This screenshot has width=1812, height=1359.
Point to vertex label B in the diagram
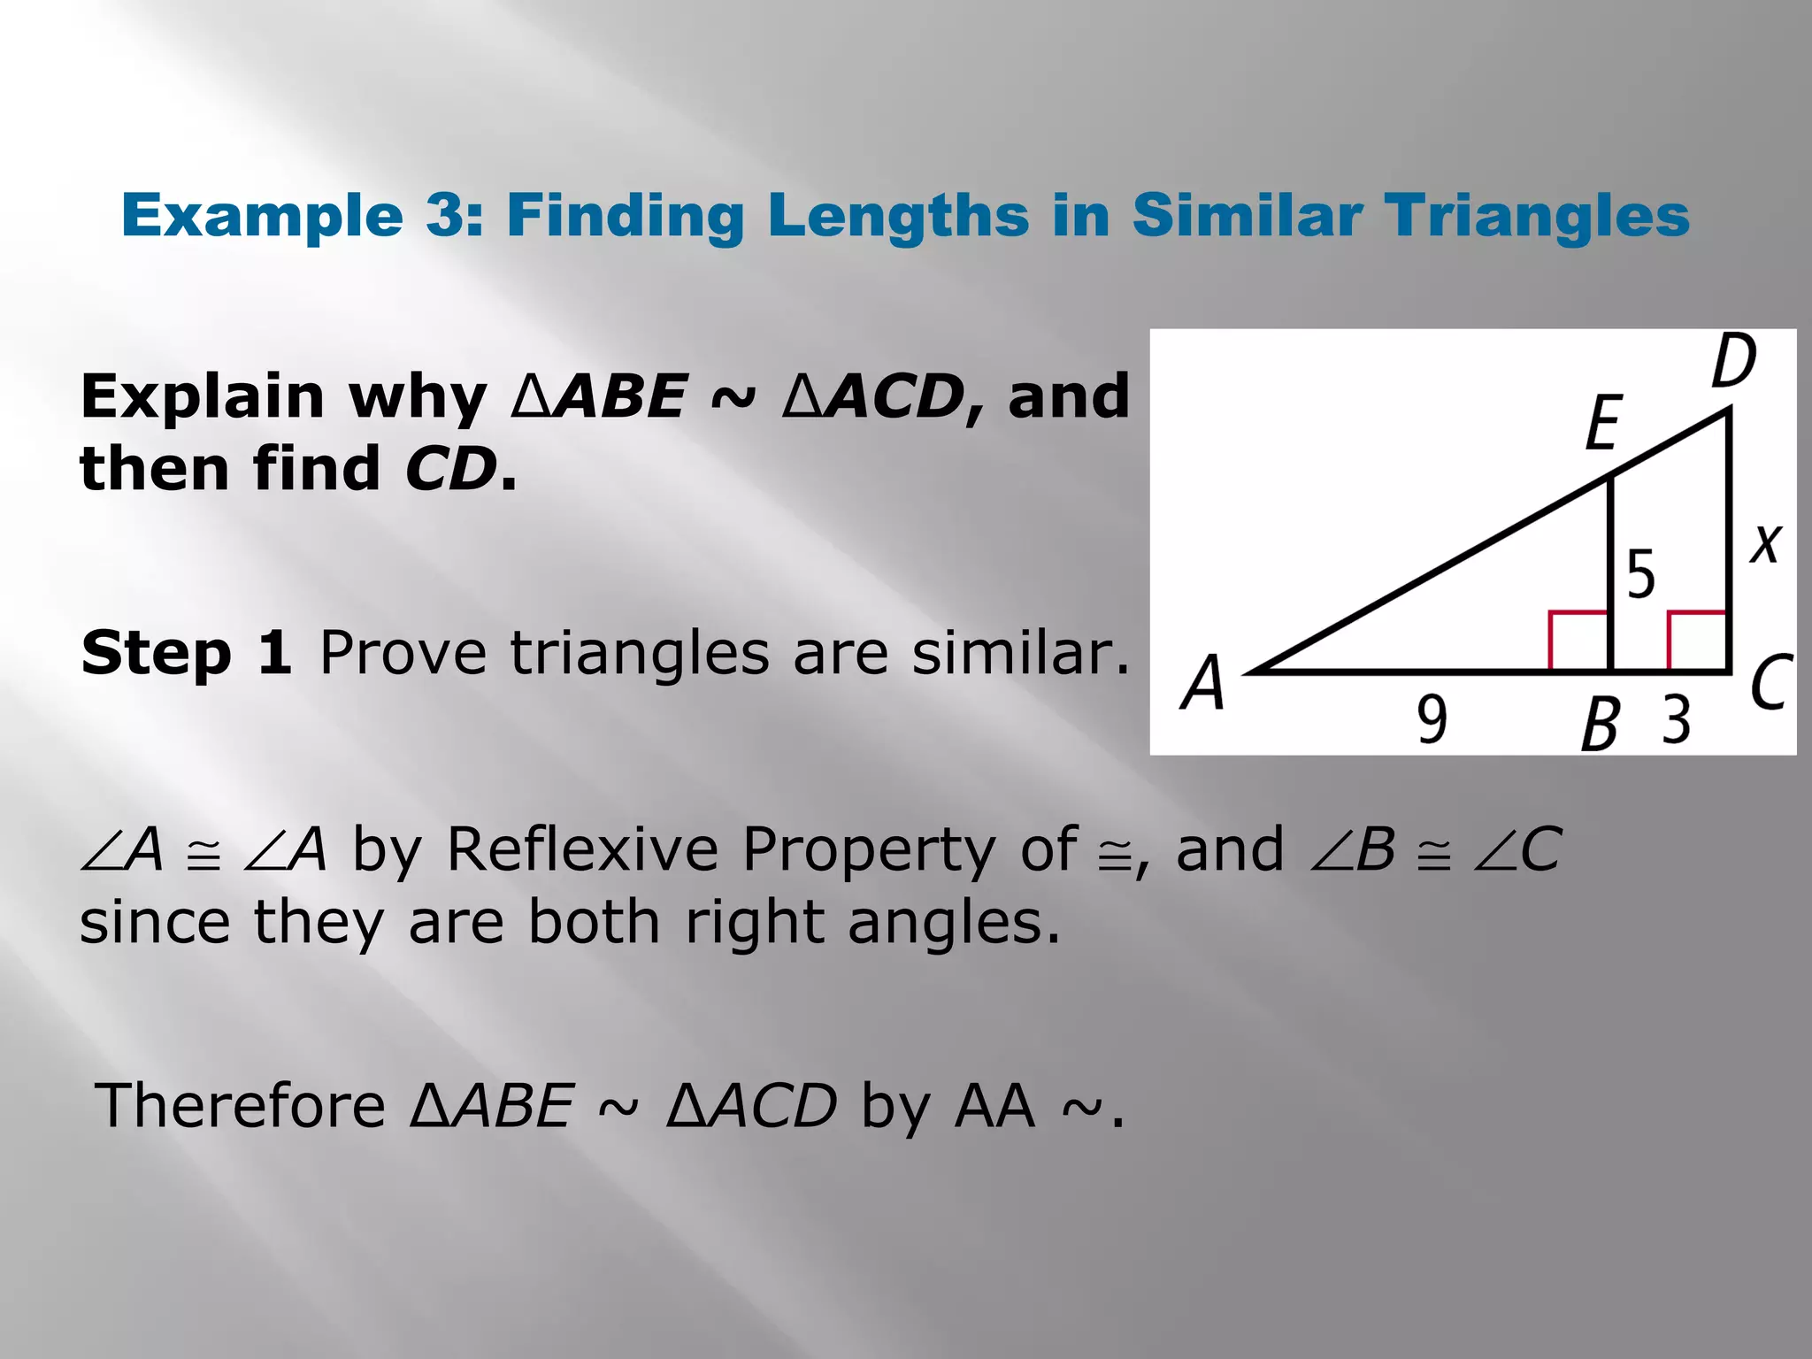pos(1600,724)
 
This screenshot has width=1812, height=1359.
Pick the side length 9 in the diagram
pos(1432,719)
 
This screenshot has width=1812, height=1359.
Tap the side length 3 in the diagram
pos(1676,719)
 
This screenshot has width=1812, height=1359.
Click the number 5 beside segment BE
pos(1641,575)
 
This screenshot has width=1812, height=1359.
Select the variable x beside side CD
pos(1766,543)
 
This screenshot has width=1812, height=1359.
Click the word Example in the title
pos(263,217)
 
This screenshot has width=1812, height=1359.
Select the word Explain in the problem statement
pos(203,397)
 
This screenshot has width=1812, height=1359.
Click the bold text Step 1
pos(186,653)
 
